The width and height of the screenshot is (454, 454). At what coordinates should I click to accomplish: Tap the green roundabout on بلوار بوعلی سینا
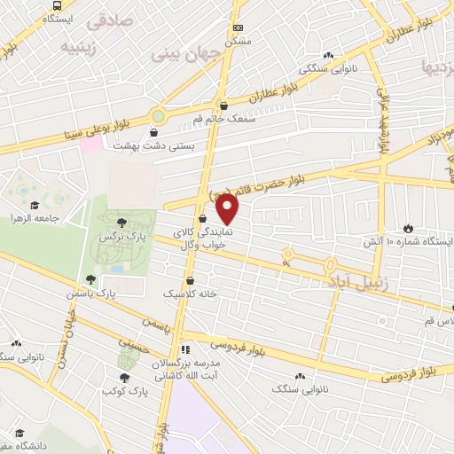pos(159,115)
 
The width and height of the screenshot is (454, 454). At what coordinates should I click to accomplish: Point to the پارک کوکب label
pos(123,390)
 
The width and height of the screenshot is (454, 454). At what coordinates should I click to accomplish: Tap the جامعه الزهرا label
pos(35,216)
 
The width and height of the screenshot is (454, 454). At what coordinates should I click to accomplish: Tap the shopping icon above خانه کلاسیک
pos(191,280)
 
